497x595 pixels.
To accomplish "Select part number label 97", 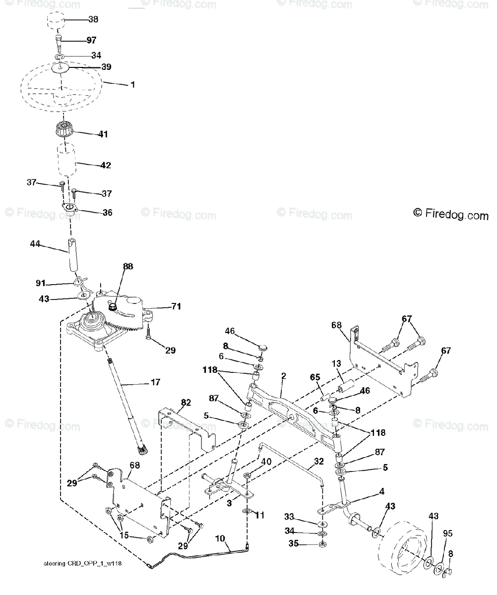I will [x=91, y=40].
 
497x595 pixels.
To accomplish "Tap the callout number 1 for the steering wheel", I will [x=132, y=85].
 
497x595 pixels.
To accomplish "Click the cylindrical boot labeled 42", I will [x=66, y=160].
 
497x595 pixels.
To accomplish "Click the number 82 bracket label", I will [x=185, y=404].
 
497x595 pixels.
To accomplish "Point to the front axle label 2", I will [x=284, y=376].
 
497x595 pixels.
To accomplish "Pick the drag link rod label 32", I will [x=318, y=461].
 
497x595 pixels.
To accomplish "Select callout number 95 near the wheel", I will [x=447, y=534].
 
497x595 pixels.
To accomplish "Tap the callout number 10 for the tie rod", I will [x=220, y=537].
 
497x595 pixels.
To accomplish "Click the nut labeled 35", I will [x=321, y=544].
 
